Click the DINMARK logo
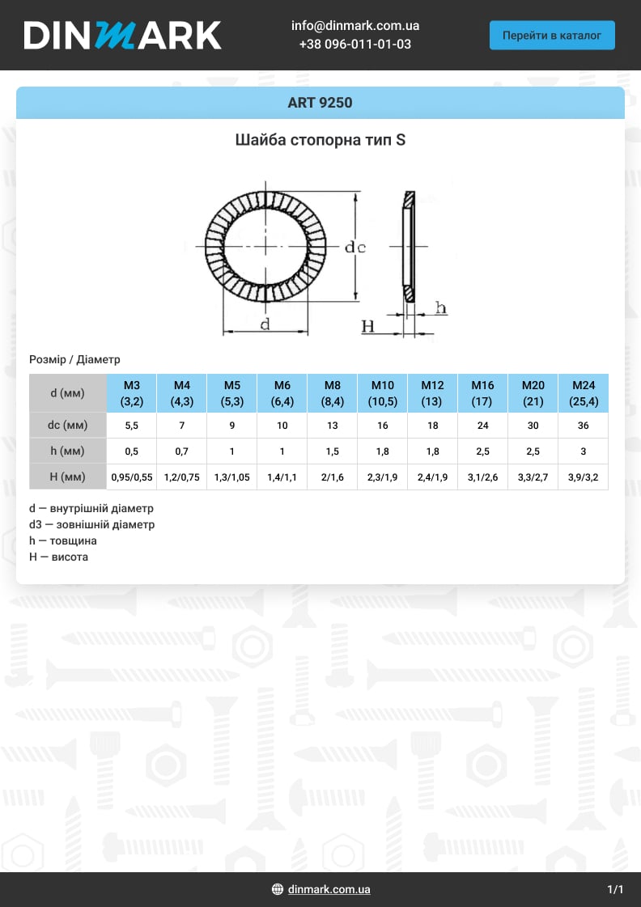point(122,35)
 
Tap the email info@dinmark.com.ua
point(354,26)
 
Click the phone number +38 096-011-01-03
point(354,45)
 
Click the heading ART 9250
point(320,103)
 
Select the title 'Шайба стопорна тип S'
point(320,140)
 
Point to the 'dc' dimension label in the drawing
point(355,248)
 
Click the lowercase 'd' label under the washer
point(265,324)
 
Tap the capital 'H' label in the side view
point(368,326)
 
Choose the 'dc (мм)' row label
point(68,425)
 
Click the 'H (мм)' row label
point(68,477)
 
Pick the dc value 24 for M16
point(482,426)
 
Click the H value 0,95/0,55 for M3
point(131,477)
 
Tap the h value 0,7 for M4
point(181,451)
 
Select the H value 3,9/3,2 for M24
point(583,477)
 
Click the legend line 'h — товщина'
point(63,540)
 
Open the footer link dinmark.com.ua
point(329,889)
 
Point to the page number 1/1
point(615,889)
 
